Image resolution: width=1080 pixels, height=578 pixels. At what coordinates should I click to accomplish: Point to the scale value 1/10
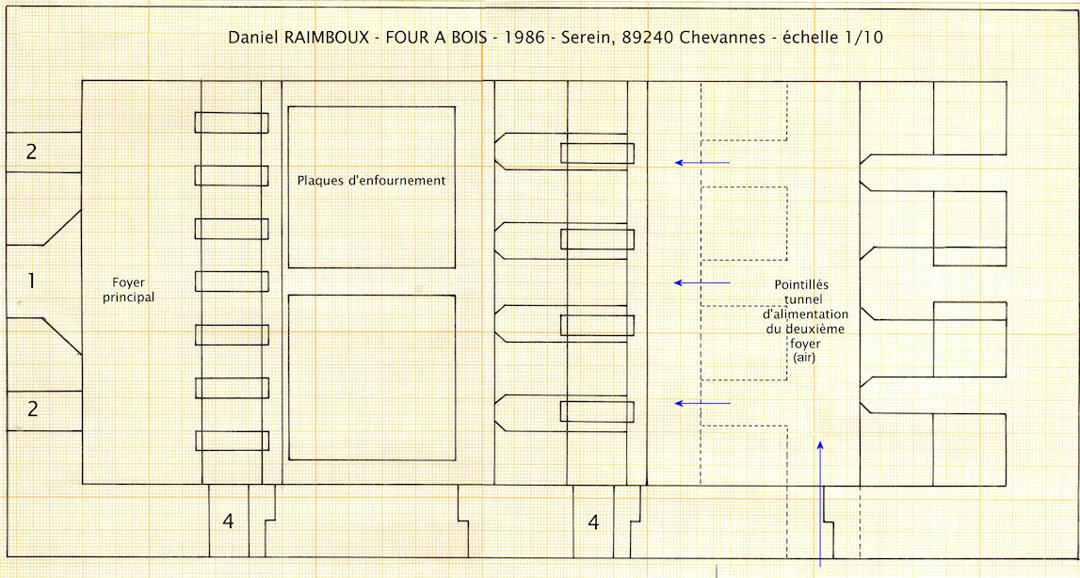pyautogui.click(x=862, y=38)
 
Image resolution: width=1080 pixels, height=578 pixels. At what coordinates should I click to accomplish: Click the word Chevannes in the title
pyautogui.click(x=722, y=38)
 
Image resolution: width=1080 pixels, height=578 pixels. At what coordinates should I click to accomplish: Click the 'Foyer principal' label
pyautogui.click(x=129, y=290)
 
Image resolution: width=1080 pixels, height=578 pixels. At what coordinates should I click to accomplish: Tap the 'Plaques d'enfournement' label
pyautogui.click(x=371, y=181)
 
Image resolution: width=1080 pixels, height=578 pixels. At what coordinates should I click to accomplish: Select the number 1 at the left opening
pyautogui.click(x=31, y=281)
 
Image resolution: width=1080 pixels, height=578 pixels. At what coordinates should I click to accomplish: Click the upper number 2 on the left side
pyautogui.click(x=32, y=152)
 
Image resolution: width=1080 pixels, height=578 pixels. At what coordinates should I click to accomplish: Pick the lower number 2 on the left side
pyautogui.click(x=32, y=409)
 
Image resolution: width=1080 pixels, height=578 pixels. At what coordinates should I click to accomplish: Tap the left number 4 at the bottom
pyautogui.click(x=228, y=522)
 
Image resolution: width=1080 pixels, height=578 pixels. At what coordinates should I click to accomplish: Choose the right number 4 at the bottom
pyautogui.click(x=593, y=522)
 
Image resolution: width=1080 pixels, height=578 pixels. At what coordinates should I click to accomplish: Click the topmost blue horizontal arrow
pyautogui.click(x=701, y=163)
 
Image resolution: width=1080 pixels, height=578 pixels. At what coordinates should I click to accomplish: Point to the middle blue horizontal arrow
pyautogui.click(x=701, y=282)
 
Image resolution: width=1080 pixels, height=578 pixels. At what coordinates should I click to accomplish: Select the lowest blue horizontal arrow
pyautogui.click(x=701, y=403)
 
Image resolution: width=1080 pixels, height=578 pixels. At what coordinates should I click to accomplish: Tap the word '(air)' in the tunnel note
pyautogui.click(x=804, y=357)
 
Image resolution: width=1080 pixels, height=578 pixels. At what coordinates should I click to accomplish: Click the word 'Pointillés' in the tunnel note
pyautogui.click(x=801, y=284)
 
